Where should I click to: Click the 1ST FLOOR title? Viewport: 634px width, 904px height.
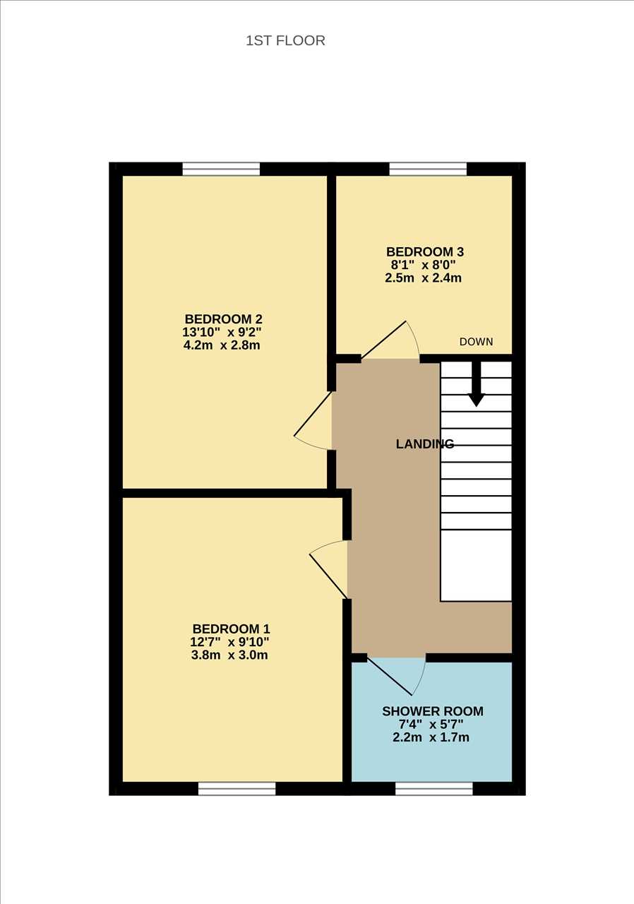pos(285,41)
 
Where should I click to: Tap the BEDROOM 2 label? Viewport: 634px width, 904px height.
pos(223,319)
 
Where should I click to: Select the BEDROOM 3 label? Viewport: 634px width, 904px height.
pos(425,252)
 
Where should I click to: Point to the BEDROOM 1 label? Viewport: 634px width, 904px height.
pos(231,629)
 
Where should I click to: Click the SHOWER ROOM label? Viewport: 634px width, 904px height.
pos(433,711)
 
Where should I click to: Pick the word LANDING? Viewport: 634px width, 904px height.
pos(425,444)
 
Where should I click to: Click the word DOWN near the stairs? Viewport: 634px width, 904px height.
pos(477,342)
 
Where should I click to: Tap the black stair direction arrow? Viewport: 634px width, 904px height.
pos(477,383)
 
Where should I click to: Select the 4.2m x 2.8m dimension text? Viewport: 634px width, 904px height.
pos(222,345)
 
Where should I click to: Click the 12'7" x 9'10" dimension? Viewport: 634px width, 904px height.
pos(229,642)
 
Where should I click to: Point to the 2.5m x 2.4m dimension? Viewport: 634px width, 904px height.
pos(424,278)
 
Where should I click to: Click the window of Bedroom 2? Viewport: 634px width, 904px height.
pos(221,169)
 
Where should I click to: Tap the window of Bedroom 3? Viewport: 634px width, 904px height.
pos(428,169)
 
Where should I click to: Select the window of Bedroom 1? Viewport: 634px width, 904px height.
pos(237,789)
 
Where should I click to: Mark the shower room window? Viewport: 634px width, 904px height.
pos(434,789)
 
